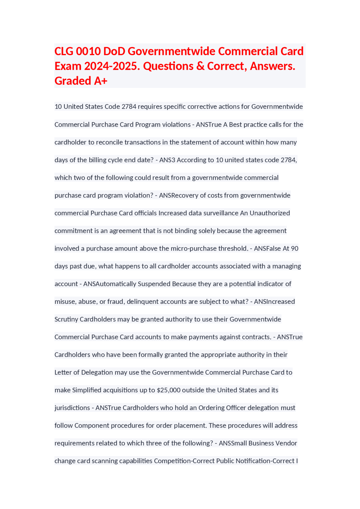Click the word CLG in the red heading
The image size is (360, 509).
[64, 51]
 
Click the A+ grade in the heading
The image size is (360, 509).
[101, 81]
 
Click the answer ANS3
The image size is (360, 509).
[167, 160]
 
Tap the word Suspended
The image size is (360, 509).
[154, 284]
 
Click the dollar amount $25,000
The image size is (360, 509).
[168, 390]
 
